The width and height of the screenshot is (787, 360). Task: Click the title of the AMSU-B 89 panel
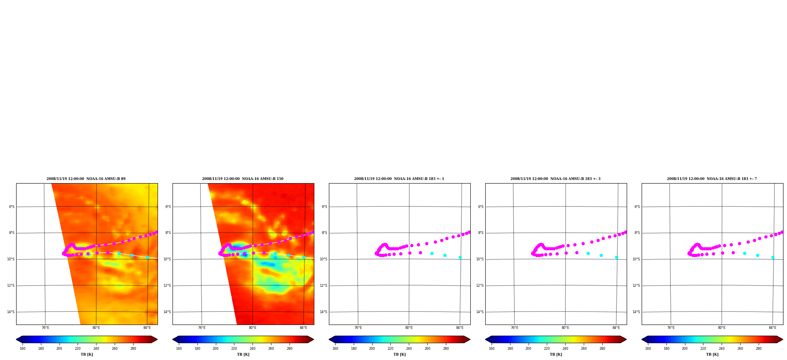[x=86, y=179]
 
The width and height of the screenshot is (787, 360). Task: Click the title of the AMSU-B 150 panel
[x=243, y=179]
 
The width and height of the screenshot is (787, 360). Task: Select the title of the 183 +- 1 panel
[x=399, y=179]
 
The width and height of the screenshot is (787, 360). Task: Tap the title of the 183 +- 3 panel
[x=555, y=179]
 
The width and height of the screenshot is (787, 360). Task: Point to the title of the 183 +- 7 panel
[x=712, y=179]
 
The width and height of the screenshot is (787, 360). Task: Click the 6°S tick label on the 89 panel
[x=11, y=207]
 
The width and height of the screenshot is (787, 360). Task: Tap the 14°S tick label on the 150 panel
[x=167, y=312]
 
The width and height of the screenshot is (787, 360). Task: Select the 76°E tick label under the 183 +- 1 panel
[x=358, y=328]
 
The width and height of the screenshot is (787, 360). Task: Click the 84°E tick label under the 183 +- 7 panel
[x=772, y=328]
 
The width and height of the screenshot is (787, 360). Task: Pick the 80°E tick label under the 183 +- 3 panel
[x=565, y=328]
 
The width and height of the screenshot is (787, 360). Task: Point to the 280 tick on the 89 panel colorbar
[x=133, y=349]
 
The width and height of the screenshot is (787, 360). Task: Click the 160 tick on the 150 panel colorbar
[x=179, y=349]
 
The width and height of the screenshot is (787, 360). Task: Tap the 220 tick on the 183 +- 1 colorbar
[x=390, y=349]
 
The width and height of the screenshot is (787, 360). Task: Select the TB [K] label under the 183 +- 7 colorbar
[x=712, y=354]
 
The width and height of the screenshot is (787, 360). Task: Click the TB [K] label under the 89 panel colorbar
[x=87, y=354]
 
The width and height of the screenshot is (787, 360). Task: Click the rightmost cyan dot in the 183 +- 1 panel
[x=460, y=257]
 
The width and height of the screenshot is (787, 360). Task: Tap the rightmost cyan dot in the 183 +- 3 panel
[x=616, y=257]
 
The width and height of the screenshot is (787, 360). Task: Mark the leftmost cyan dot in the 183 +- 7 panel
[x=744, y=253]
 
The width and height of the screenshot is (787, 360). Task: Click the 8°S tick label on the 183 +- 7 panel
[x=637, y=233]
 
